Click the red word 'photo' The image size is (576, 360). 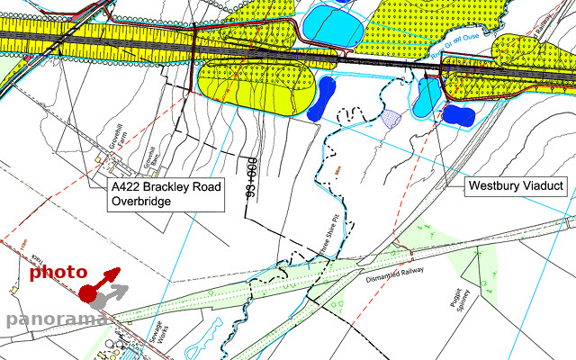58,272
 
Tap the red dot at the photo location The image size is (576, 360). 87,293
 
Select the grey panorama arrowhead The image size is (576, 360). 123,290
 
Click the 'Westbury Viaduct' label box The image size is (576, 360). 516,186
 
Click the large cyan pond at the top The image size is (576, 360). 332,26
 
